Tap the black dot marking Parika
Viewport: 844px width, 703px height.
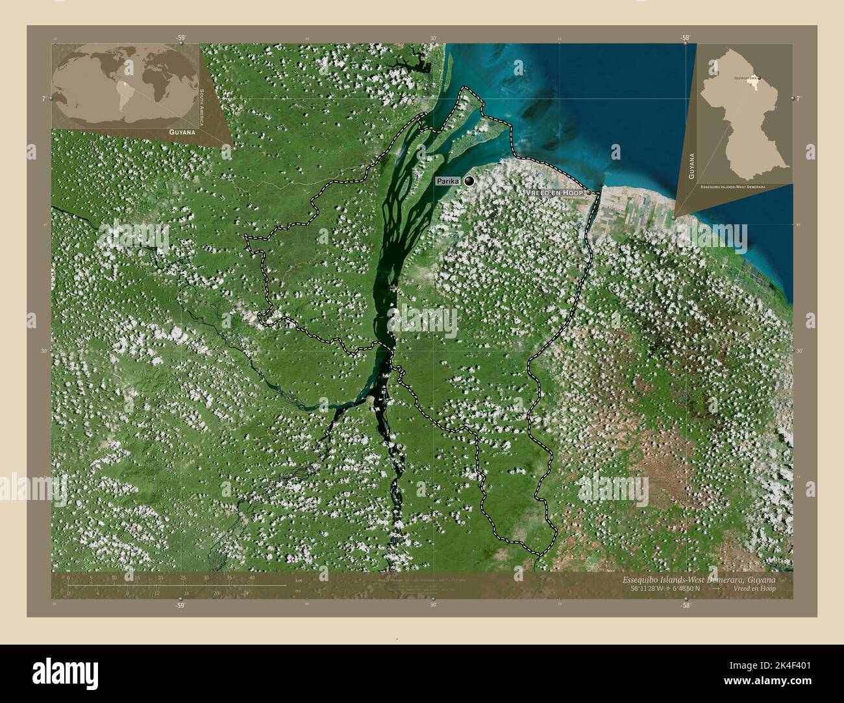click(x=469, y=182)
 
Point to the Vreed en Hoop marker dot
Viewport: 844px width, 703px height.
click(x=588, y=193)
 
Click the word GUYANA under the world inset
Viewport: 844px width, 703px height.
click(x=182, y=132)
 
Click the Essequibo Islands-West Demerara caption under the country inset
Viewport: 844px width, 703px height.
click(x=733, y=186)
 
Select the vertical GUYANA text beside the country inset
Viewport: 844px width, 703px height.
click(x=693, y=165)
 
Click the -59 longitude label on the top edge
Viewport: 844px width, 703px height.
click(x=180, y=38)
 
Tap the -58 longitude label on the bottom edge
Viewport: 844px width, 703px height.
click(x=685, y=604)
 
